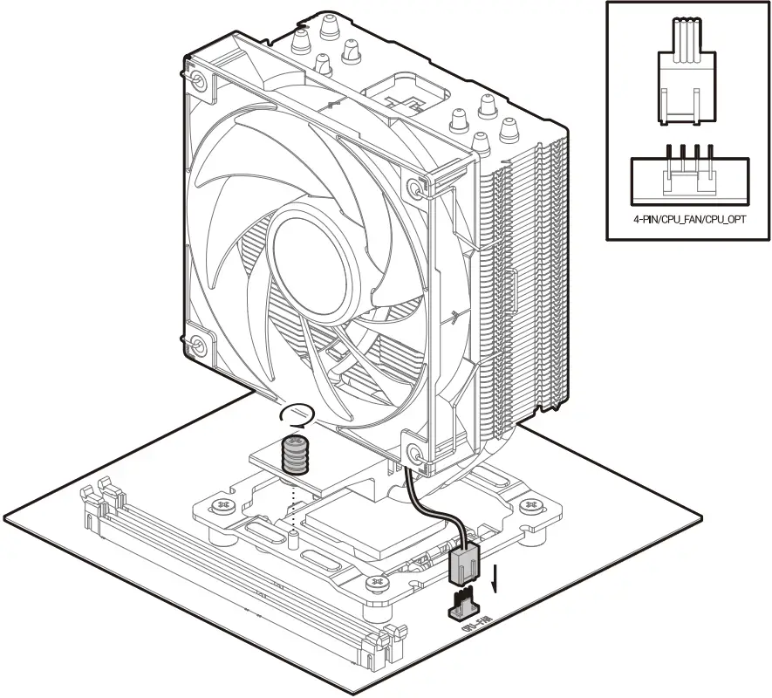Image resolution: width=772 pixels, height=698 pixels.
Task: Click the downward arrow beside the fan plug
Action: click(x=495, y=578)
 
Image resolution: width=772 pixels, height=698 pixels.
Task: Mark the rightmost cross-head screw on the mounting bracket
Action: click(x=527, y=506)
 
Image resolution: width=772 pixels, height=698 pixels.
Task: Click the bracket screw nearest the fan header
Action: click(x=378, y=581)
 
